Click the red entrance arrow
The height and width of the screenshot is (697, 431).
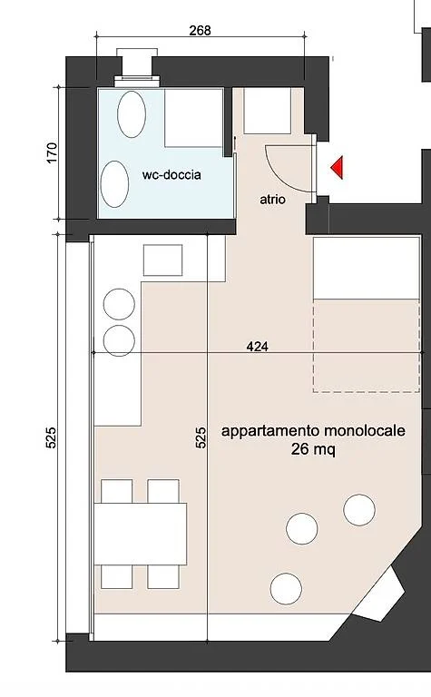tap(338, 168)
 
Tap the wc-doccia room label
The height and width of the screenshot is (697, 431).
tap(171, 174)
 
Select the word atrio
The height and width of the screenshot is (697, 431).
tap(272, 199)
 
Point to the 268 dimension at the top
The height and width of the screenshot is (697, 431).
tap(200, 30)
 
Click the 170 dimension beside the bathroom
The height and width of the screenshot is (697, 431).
tap(52, 152)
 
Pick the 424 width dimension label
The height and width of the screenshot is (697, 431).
tap(258, 346)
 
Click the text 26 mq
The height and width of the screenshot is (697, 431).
tap(313, 449)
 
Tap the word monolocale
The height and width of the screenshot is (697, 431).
tap(365, 430)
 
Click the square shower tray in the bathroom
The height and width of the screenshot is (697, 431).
tap(194, 117)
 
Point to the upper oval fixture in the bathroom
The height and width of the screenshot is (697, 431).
tap(132, 114)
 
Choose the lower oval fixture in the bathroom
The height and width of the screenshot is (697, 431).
tap(114, 183)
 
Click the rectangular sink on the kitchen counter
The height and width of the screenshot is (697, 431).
tap(162, 260)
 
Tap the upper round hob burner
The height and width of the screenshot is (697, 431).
tap(119, 304)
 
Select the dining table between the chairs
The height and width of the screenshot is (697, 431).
tap(141, 534)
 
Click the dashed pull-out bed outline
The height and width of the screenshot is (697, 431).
tap(367, 346)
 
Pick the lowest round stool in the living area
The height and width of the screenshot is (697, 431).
tap(286, 588)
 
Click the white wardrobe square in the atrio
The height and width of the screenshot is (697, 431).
tap(267, 111)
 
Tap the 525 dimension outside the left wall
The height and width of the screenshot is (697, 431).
tap(51, 437)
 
